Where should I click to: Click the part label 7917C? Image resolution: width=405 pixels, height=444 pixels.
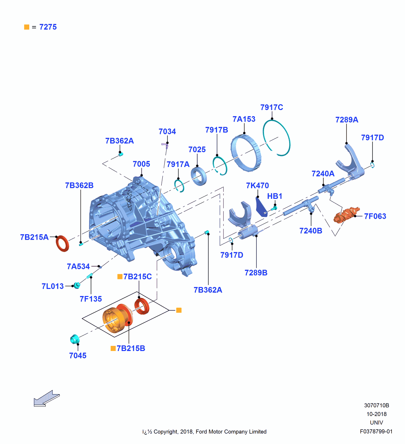(272, 107)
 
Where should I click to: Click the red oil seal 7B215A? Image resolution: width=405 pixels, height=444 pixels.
(62, 244)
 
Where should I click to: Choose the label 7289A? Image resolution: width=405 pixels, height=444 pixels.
(346, 120)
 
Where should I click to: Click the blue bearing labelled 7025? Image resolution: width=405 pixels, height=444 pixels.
(199, 176)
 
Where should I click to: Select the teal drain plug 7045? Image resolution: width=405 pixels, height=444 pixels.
(75, 339)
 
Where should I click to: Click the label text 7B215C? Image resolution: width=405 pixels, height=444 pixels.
(137, 276)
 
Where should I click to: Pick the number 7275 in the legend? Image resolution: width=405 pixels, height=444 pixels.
(48, 27)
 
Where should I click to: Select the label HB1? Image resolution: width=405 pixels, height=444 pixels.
(274, 196)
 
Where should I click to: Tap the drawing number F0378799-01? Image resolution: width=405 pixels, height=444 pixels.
(376, 431)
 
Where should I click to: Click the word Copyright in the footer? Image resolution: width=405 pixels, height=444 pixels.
(166, 432)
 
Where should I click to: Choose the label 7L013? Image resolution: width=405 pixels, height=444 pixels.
(52, 286)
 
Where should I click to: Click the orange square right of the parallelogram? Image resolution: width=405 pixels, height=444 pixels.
(179, 310)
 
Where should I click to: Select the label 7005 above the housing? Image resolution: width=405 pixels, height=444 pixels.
(141, 164)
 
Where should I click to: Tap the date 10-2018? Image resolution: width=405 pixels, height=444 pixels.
(376, 414)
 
